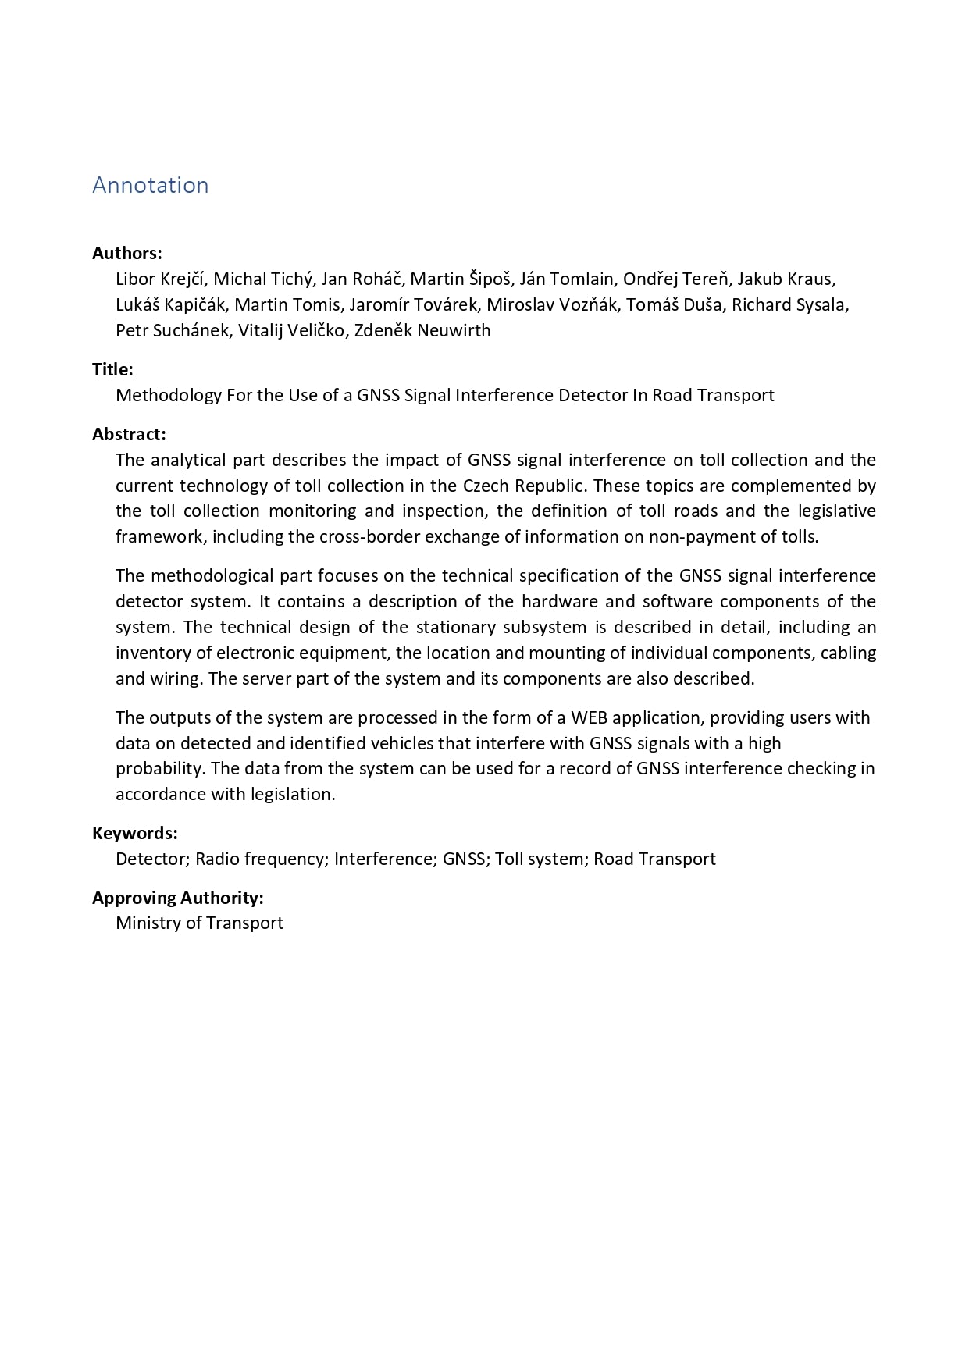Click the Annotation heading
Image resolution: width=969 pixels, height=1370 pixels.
(x=151, y=185)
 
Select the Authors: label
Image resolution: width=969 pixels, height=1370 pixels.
(x=127, y=253)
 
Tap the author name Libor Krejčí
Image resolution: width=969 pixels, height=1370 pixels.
(x=160, y=279)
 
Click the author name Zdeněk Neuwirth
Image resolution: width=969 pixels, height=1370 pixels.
(x=422, y=330)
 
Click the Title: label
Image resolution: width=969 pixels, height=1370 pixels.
(x=112, y=369)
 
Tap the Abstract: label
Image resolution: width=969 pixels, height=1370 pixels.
(x=129, y=434)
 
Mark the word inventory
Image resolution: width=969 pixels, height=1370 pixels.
(x=152, y=653)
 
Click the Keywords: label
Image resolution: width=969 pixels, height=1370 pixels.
(x=135, y=833)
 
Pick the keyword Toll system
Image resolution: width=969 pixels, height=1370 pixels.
(x=540, y=859)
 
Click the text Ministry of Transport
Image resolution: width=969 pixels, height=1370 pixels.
(x=199, y=923)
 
